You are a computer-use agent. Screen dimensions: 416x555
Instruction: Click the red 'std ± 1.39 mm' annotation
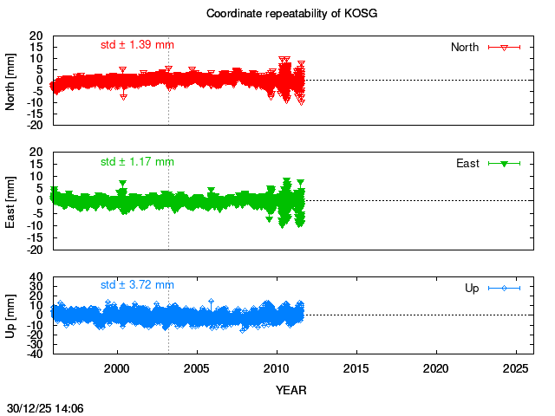pos(137,43)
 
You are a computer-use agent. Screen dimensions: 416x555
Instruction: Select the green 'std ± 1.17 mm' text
pos(137,161)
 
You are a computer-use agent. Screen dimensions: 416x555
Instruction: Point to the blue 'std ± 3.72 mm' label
pos(137,284)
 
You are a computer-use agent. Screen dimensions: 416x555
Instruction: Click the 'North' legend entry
pos(464,47)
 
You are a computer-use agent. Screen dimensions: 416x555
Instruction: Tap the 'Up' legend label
pos(472,288)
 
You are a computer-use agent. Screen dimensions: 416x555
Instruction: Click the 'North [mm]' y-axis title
pos(10,80)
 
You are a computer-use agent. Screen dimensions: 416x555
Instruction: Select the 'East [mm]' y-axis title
pos(10,200)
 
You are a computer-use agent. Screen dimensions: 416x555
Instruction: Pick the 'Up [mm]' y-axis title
pos(10,315)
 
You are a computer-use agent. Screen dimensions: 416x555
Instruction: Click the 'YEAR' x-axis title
pos(291,390)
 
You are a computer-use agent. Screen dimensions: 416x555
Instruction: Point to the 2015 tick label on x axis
pos(356,368)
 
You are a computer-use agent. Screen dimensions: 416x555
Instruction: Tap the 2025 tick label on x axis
pos(516,368)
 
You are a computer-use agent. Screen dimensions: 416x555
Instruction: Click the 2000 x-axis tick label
pos(117,368)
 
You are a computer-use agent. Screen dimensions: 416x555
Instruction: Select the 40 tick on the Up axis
pos(37,278)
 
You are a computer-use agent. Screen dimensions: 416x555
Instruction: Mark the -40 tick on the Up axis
pos(36,353)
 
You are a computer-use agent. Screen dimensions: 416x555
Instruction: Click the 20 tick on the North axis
pos(37,36)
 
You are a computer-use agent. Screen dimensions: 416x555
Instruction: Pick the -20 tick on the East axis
pos(36,250)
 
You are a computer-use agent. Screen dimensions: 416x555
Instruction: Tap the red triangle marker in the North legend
pos(503,47)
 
